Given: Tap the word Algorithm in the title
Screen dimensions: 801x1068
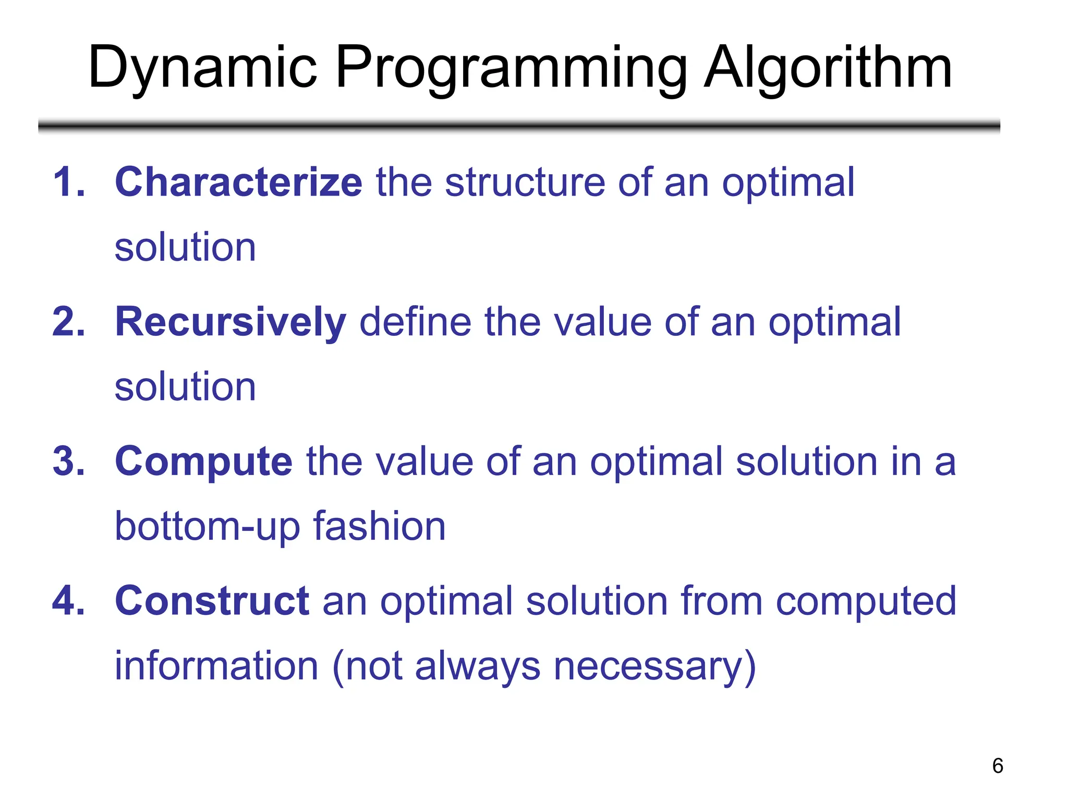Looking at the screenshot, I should [828, 68].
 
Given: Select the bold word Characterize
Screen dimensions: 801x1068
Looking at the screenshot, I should [238, 183].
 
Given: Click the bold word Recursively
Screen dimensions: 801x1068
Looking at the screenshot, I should [230, 322].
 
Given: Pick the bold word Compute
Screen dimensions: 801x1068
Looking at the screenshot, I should [203, 462].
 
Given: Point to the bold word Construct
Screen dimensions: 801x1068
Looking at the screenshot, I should [212, 601].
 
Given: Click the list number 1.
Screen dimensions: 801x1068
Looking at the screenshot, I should [68, 183].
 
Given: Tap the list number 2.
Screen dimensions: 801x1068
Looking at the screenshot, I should [68, 322].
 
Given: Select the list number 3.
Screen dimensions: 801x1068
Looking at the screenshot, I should [68, 462].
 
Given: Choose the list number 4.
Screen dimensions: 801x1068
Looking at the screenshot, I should [68, 601].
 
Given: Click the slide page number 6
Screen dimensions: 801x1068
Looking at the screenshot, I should [997, 766].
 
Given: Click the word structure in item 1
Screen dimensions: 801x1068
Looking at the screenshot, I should [525, 183].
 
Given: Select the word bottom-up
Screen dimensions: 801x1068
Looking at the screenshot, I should [207, 527].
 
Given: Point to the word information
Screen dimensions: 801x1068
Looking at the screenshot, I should [216, 666].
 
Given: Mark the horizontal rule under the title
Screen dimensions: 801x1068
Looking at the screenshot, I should [519, 126].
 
